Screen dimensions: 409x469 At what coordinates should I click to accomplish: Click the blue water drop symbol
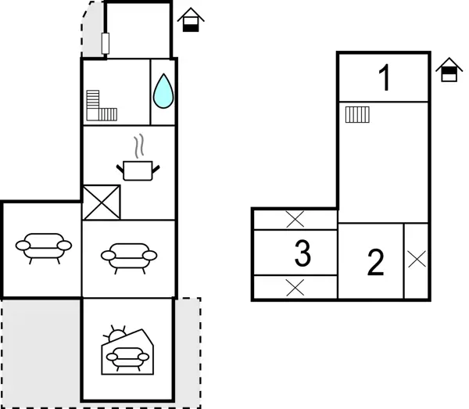163,91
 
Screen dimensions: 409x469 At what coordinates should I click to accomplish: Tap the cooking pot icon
139,169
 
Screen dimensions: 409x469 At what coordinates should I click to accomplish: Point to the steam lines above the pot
139,145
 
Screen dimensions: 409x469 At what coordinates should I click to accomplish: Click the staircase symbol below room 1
357,115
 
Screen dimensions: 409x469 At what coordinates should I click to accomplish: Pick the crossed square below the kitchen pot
102,202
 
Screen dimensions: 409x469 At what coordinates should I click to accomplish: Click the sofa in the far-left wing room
42,246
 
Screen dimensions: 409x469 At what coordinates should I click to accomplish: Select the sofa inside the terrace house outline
127,358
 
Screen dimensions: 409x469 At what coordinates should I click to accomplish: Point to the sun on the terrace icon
118,335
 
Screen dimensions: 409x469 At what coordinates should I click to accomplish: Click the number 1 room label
384,79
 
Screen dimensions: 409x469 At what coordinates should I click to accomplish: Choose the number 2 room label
376,263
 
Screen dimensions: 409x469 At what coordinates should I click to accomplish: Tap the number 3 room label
303,253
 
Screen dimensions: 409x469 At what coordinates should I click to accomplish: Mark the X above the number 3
295,219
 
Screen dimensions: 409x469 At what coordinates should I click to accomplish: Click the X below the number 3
295,287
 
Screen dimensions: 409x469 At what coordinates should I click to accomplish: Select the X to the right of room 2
417,260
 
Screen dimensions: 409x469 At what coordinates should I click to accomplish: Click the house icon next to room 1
446,70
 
